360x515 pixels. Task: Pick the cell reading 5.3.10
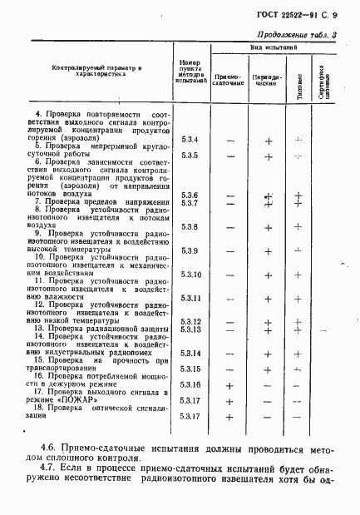[192, 274]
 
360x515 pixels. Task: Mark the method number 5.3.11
[192, 297]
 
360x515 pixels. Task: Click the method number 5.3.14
[192, 353]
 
